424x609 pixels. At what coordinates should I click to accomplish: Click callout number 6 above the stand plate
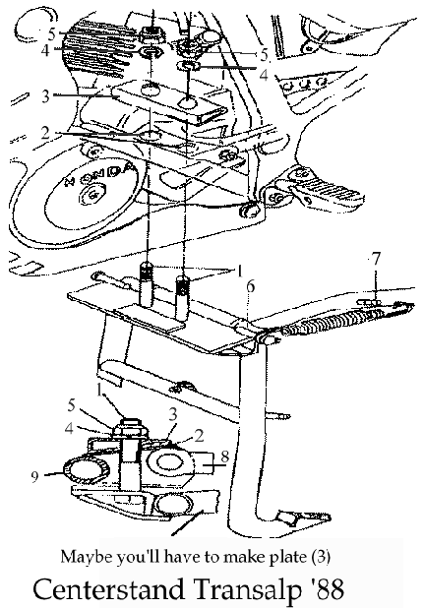pyautogui.click(x=251, y=286)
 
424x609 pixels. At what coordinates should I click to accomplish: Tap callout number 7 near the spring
pyautogui.click(x=376, y=258)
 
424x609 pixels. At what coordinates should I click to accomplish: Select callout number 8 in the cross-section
pyautogui.click(x=225, y=457)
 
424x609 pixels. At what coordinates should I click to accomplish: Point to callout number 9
pyautogui.click(x=35, y=476)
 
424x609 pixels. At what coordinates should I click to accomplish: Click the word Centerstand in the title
pyautogui.click(x=109, y=588)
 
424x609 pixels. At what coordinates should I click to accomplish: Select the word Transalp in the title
pyautogui.click(x=247, y=589)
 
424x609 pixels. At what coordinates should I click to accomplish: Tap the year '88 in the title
pyautogui.click(x=327, y=589)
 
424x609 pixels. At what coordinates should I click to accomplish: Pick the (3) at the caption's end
pyautogui.click(x=321, y=557)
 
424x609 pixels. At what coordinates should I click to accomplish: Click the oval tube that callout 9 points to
pyautogui.click(x=85, y=470)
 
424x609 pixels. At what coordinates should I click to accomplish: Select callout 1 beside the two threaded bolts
pyautogui.click(x=240, y=272)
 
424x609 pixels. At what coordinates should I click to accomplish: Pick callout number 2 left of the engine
pyautogui.click(x=46, y=133)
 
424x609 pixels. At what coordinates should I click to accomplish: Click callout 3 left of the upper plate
pyautogui.click(x=46, y=95)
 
